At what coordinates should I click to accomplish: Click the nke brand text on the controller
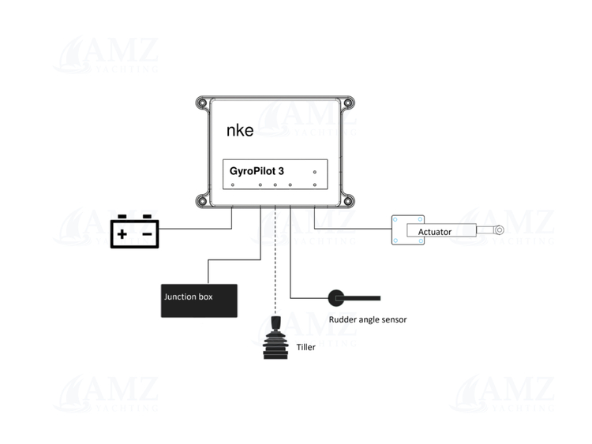240,130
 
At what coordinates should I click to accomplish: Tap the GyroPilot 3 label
257,170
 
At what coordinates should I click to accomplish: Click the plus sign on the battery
122,233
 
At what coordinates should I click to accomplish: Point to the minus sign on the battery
147,233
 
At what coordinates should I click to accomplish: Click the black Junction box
199,300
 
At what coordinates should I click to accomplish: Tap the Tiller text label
305,346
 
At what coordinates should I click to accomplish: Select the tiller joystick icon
275,341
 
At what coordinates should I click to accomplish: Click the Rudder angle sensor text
367,319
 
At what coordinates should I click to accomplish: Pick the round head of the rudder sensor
335,297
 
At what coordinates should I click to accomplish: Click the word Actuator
435,232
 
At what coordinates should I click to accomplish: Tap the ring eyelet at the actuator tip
499,230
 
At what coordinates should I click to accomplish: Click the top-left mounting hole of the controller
202,102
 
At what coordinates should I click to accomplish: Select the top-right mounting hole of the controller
349,102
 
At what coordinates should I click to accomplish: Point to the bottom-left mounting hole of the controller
202,202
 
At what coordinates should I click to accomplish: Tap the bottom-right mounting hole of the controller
349,202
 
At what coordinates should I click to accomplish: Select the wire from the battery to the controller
197,229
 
